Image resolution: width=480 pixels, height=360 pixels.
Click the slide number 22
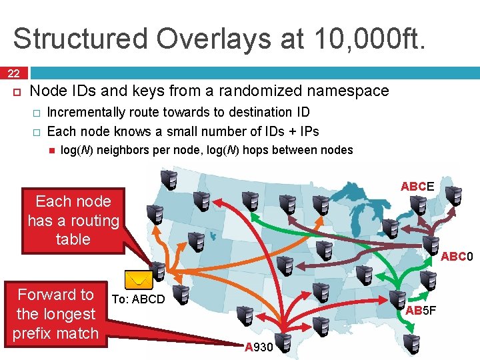tap(13, 73)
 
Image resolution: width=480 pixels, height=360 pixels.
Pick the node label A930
tap(259, 347)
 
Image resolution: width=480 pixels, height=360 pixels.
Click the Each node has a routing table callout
tap(73, 220)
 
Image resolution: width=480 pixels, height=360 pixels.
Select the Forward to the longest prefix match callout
tap(55, 313)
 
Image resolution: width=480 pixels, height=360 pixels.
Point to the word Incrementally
tap(87, 112)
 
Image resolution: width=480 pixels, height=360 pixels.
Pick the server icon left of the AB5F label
tap(397, 300)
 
